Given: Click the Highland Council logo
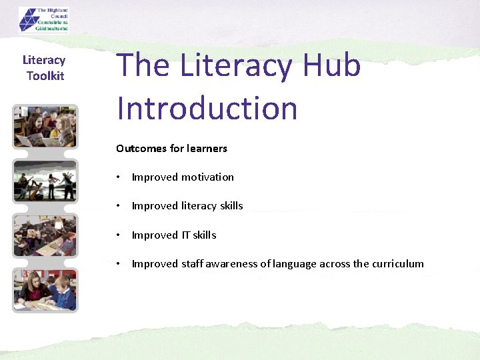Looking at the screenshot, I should pos(43,19).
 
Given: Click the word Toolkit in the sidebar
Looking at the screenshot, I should pos(45,76).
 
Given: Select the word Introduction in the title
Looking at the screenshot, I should pos(207,108).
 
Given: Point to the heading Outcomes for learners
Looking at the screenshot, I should pos(171,148).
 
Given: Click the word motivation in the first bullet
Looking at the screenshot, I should pos(208,177).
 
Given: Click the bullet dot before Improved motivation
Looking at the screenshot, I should pos(117,177).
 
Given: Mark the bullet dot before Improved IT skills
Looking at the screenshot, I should pos(117,235).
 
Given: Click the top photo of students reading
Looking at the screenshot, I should pos(45,127).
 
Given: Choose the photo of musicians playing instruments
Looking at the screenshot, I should pos(45,181).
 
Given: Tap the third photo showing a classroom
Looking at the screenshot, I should pos(45,235).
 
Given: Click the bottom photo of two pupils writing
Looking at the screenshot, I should pos(45,290).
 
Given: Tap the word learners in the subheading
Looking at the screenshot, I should pos(207,148).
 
